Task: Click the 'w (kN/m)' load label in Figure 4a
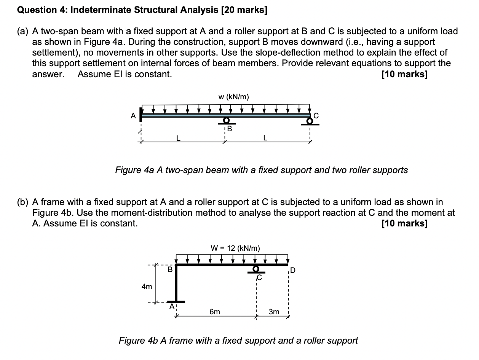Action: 233,97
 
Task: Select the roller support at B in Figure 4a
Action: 226,121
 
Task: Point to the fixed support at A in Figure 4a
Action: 141,115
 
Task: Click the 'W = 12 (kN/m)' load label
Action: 235,248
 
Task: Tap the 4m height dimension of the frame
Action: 147,287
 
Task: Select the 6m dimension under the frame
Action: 214,312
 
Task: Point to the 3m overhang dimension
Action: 273,312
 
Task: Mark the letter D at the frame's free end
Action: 292,271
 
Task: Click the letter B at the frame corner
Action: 170,270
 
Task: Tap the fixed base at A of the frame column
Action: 176,302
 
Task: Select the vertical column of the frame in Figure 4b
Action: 176,284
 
